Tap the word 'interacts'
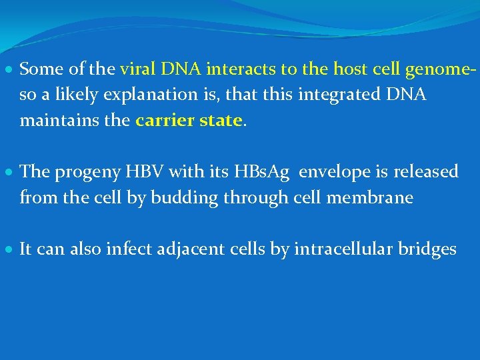[x=235, y=69]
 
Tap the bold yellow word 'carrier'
[x=163, y=121]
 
